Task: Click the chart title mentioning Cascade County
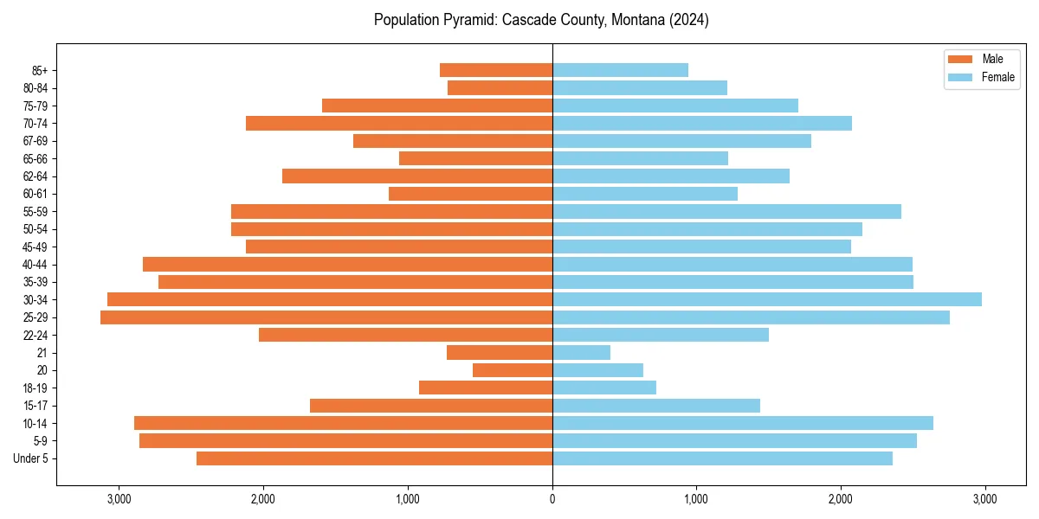coord(541,20)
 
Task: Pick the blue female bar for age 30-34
coord(767,299)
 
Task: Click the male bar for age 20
coord(513,370)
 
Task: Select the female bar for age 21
coord(581,353)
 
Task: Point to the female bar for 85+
coord(620,70)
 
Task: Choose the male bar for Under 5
coord(374,458)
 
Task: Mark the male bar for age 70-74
coord(399,124)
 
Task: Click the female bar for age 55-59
coord(726,212)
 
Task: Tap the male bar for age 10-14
coord(343,423)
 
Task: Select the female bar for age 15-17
coord(656,406)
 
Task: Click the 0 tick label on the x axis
coord(552,499)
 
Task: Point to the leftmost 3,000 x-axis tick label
coord(119,499)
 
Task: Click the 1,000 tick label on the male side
coord(408,499)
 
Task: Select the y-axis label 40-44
coord(35,265)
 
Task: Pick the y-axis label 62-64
coord(35,176)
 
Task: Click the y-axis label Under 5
coord(31,458)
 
